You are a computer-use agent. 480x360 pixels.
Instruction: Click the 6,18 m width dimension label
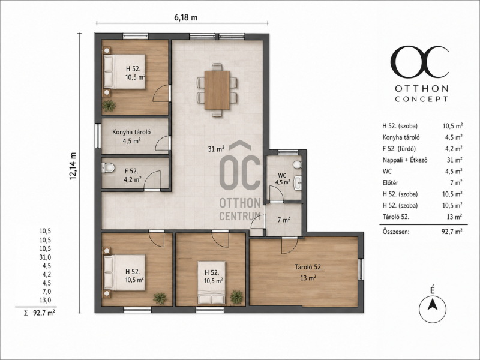tap(185, 17)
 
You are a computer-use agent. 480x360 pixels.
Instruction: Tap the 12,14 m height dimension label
tap(73, 166)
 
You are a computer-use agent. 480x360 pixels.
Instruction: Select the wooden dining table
tap(217, 90)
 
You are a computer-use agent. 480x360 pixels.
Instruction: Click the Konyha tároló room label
tap(131, 132)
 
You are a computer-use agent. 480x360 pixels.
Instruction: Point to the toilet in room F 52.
tap(108, 167)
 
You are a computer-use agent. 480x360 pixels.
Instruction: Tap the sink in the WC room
tap(298, 182)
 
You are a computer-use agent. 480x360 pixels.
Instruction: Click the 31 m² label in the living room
tap(216, 149)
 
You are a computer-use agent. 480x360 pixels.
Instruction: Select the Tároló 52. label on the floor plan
tap(308, 267)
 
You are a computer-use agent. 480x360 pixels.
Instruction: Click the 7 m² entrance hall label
tap(284, 220)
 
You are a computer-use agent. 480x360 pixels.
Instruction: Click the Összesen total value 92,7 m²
tap(452, 232)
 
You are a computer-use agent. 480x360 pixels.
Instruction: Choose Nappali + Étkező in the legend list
tap(405, 160)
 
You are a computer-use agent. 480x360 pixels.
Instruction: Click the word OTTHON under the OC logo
tap(422, 89)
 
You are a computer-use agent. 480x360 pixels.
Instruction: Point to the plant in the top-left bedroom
tap(109, 106)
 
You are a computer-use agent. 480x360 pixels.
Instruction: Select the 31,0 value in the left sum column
tap(45, 257)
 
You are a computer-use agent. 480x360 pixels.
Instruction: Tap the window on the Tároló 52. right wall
tap(361, 269)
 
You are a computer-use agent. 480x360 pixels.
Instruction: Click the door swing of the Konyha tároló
tap(163, 143)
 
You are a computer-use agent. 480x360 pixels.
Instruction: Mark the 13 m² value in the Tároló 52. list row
tap(454, 217)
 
